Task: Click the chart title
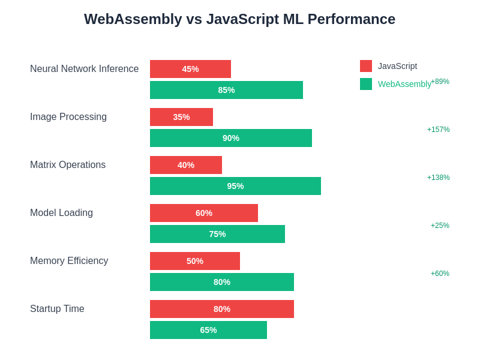pos(239,19)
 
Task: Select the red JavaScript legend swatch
pos(366,66)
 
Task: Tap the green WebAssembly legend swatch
pos(366,84)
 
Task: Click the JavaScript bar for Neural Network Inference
pos(190,69)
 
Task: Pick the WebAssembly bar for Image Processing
pos(231,138)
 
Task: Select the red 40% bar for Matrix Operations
pos(186,165)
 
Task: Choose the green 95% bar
pos(235,186)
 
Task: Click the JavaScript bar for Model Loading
pos(204,213)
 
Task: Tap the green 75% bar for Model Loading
pos(217,234)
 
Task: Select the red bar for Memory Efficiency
pos(195,261)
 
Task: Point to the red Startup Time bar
pos(222,309)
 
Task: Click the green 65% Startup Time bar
pos(208,330)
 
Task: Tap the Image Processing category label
pos(68,117)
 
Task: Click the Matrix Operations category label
pos(68,165)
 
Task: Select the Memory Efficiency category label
pos(69,261)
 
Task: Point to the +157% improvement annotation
pos(438,130)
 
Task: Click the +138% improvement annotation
pos(438,178)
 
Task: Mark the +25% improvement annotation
pos(440,226)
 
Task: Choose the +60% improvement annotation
pos(440,274)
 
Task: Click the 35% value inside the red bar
pos(181,117)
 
